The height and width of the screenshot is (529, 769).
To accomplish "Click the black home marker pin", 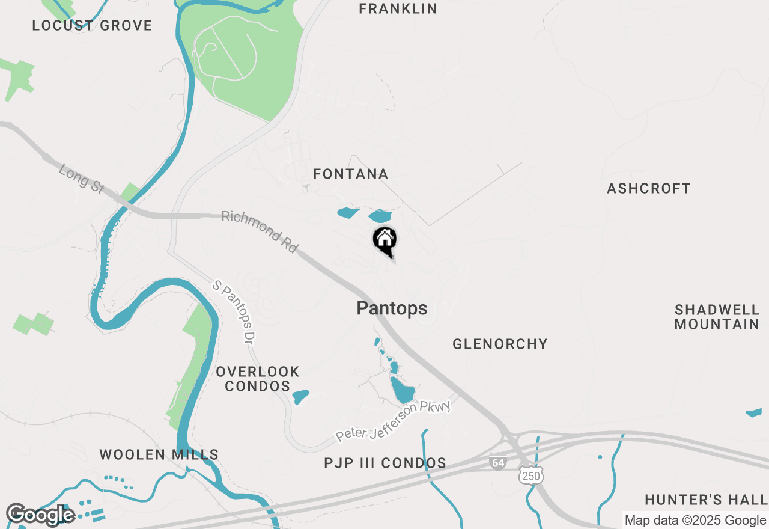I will pyautogui.click(x=385, y=240).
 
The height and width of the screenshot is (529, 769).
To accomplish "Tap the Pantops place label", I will pyautogui.click(x=392, y=308).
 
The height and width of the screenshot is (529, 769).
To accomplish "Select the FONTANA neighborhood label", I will pyautogui.click(x=351, y=174).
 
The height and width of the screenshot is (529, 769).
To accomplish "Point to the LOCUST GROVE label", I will pyautogui.click(x=92, y=26).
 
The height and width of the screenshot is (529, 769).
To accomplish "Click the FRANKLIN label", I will pyautogui.click(x=398, y=9).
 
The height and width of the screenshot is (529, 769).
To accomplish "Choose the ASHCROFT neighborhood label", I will pyautogui.click(x=649, y=189).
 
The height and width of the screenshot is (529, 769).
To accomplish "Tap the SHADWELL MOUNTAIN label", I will pyautogui.click(x=717, y=317).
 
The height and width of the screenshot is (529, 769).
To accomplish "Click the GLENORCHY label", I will pyautogui.click(x=500, y=344).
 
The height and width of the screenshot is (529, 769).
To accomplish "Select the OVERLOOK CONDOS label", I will pyautogui.click(x=257, y=379).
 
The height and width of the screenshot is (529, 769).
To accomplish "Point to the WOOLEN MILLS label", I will pyautogui.click(x=159, y=455).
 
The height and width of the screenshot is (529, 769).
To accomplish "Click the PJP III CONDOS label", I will pyautogui.click(x=385, y=463).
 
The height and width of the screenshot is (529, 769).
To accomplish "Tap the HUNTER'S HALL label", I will pyautogui.click(x=706, y=500).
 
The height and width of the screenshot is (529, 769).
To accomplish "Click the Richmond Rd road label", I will pyautogui.click(x=260, y=231).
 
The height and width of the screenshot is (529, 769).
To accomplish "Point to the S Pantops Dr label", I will pyautogui.click(x=232, y=311).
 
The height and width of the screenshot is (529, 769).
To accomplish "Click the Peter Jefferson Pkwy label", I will pyautogui.click(x=394, y=421).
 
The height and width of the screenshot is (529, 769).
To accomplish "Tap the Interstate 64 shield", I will pyautogui.click(x=497, y=463).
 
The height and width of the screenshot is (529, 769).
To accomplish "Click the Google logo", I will pyautogui.click(x=40, y=515).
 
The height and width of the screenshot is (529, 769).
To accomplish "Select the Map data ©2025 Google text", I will pyautogui.click(x=695, y=521).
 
